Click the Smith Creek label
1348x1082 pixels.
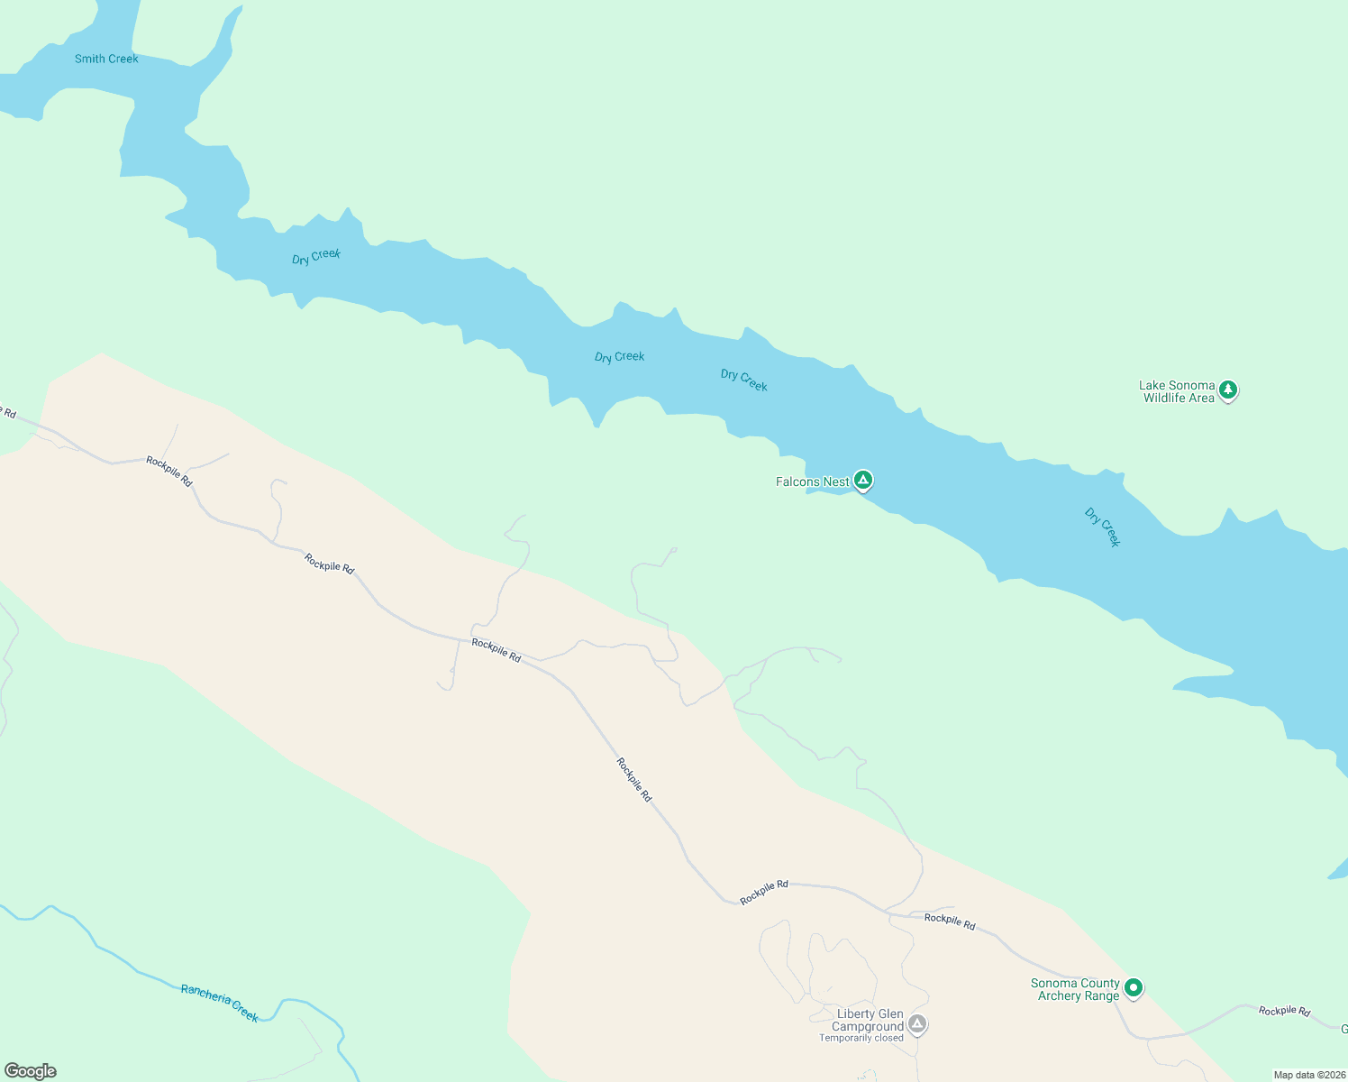point(106,59)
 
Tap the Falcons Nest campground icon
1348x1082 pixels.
point(862,481)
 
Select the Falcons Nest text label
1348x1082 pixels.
point(812,481)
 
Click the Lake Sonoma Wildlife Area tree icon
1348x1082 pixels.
point(1228,390)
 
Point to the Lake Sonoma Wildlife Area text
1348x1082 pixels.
point(1178,391)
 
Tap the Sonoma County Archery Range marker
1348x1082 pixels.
point(1134,988)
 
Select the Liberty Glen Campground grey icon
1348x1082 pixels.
point(917,1023)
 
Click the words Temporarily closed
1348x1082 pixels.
point(861,1038)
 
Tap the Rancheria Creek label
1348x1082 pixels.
point(220,1003)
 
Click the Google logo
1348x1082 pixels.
point(31,1071)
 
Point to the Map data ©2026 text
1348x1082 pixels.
point(1308,1075)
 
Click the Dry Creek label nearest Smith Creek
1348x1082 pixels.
point(316,257)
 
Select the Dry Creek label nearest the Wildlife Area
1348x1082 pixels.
point(1102,527)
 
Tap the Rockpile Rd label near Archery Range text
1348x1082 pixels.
point(950,922)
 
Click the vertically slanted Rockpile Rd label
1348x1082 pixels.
point(634,780)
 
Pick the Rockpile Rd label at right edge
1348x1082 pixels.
point(1284,1011)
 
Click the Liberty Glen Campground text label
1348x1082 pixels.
point(869,1020)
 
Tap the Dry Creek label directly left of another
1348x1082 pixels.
point(620,357)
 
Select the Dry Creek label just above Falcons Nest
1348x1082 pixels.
point(744,381)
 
